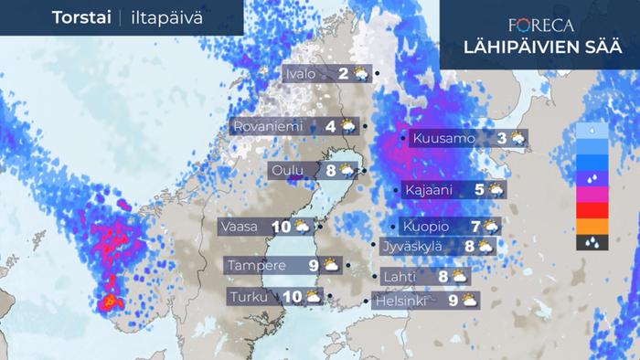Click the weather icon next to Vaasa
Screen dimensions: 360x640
(x=304, y=226)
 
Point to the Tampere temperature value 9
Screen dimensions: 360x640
(x=313, y=266)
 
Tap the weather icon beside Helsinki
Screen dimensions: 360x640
(x=470, y=299)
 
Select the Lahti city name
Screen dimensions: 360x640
(x=404, y=275)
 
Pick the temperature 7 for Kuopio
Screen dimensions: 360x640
(x=475, y=226)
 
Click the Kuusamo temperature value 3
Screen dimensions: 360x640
(x=502, y=139)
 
